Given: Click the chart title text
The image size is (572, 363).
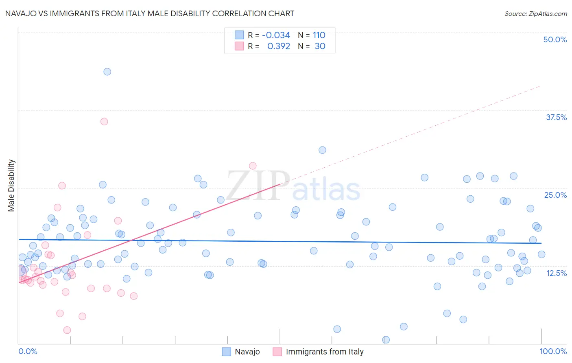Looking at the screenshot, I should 150,13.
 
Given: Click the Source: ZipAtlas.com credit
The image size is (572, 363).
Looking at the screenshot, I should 535,13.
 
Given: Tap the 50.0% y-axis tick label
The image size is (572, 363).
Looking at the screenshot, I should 555,39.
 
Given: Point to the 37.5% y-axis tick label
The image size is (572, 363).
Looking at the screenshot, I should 556,117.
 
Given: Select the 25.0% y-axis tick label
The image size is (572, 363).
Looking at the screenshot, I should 555,195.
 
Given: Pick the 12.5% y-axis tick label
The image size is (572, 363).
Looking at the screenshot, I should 556,273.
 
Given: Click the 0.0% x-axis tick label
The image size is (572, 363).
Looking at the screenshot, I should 28,351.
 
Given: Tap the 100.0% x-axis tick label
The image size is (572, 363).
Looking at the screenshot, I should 553,351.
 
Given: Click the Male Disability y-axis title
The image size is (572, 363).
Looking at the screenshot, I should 11,185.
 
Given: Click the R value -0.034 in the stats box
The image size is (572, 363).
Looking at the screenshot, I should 276,35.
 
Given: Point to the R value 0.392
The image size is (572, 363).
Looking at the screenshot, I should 279,46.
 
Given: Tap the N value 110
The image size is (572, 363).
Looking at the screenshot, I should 319,35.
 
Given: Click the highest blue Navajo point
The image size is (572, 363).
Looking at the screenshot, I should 107,72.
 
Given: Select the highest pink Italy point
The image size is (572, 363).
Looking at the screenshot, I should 104,121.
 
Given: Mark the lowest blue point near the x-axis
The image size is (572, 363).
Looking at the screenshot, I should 386,339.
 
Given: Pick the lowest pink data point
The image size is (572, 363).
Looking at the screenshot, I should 67,330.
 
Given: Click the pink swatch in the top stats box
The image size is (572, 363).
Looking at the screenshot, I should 239,46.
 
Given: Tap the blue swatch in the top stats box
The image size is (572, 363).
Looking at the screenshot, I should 239,35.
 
